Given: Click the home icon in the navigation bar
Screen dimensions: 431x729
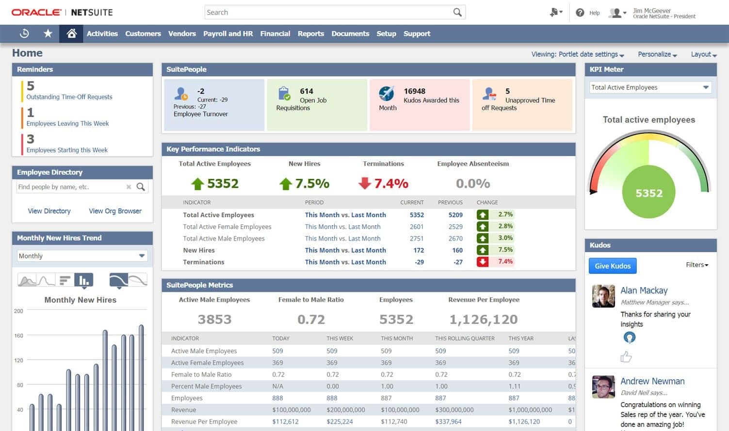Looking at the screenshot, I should (x=71, y=33).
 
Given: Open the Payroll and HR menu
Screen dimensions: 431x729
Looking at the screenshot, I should (x=228, y=33).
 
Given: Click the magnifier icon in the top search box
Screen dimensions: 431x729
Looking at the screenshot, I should (x=457, y=12).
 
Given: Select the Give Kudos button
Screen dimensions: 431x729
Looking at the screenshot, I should (x=613, y=266).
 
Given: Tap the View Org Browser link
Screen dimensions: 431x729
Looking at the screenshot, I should (x=115, y=211).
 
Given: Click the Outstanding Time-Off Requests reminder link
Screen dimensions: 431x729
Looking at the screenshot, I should (x=69, y=97).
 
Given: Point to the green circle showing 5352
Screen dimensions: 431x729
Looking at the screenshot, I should (x=649, y=193).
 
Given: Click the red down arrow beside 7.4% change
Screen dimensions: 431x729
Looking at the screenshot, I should (x=482, y=262).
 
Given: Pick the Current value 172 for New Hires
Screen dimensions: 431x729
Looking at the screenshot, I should (x=419, y=250).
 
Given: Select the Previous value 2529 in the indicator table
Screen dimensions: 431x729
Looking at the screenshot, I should (x=455, y=226).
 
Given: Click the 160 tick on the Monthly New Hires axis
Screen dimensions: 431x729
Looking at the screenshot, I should (x=19, y=335).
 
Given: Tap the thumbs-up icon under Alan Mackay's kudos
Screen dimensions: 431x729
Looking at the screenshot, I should (x=626, y=357).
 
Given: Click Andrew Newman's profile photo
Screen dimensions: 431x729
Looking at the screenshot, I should (x=603, y=387).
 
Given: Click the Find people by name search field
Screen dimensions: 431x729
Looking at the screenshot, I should (x=70, y=187).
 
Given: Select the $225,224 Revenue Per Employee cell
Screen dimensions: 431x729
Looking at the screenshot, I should (x=340, y=421).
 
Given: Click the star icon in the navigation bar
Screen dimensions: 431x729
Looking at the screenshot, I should (x=48, y=33).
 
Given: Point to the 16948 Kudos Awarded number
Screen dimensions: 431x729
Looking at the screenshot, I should (x=414, y=91).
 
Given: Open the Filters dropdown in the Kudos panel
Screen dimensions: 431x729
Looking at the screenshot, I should (x=697, y=265).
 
